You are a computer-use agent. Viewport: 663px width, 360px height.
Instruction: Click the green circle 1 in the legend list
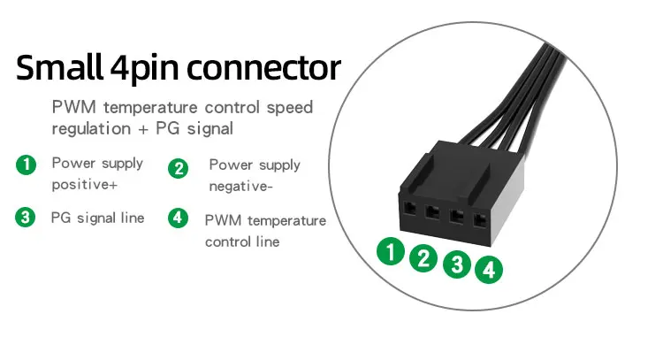coord(27,165)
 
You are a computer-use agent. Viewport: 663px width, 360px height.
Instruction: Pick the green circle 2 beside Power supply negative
coord(179,167)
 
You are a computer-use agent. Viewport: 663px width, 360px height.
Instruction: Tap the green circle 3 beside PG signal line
coord(27,218)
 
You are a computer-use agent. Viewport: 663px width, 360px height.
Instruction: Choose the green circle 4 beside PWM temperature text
coord(179,218)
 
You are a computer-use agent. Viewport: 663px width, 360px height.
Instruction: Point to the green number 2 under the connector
coord(424,258)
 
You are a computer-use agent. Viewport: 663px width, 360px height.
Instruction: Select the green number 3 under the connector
coord(456,264)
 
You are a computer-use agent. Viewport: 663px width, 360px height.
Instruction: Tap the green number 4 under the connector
coord(489,269)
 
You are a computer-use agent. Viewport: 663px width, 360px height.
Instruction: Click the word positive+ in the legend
coord(84,186)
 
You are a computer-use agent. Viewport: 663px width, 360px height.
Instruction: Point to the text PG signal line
coord(97,218)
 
